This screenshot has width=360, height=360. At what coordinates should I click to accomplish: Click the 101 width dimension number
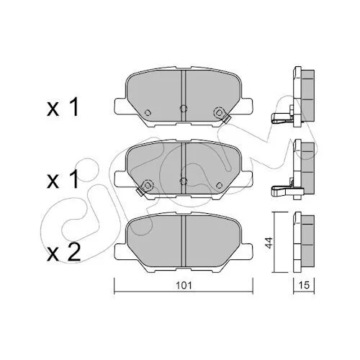coord(184,285)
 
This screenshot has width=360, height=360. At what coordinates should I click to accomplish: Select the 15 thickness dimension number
coord(304,285)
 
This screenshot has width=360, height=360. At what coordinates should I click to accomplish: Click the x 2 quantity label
coord(63,253)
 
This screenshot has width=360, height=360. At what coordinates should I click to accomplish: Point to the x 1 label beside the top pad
coord(63,108)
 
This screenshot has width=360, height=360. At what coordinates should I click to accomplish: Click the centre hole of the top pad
coord(184,109)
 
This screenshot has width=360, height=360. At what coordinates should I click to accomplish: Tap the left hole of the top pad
coord(148,112)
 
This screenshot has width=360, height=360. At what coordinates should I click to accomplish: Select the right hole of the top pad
coord(219,112)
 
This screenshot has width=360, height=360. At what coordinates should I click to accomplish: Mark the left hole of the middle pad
coord(148,185)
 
